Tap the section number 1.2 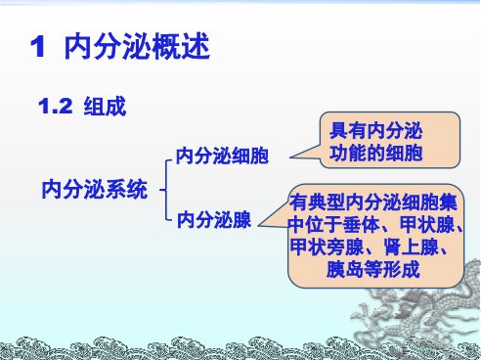(55, 106)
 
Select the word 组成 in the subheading (105, 106)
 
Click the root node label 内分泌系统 (95, 188)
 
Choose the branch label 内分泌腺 (212, 221)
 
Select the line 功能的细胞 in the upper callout (375, 155)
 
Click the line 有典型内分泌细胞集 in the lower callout (373, 204)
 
